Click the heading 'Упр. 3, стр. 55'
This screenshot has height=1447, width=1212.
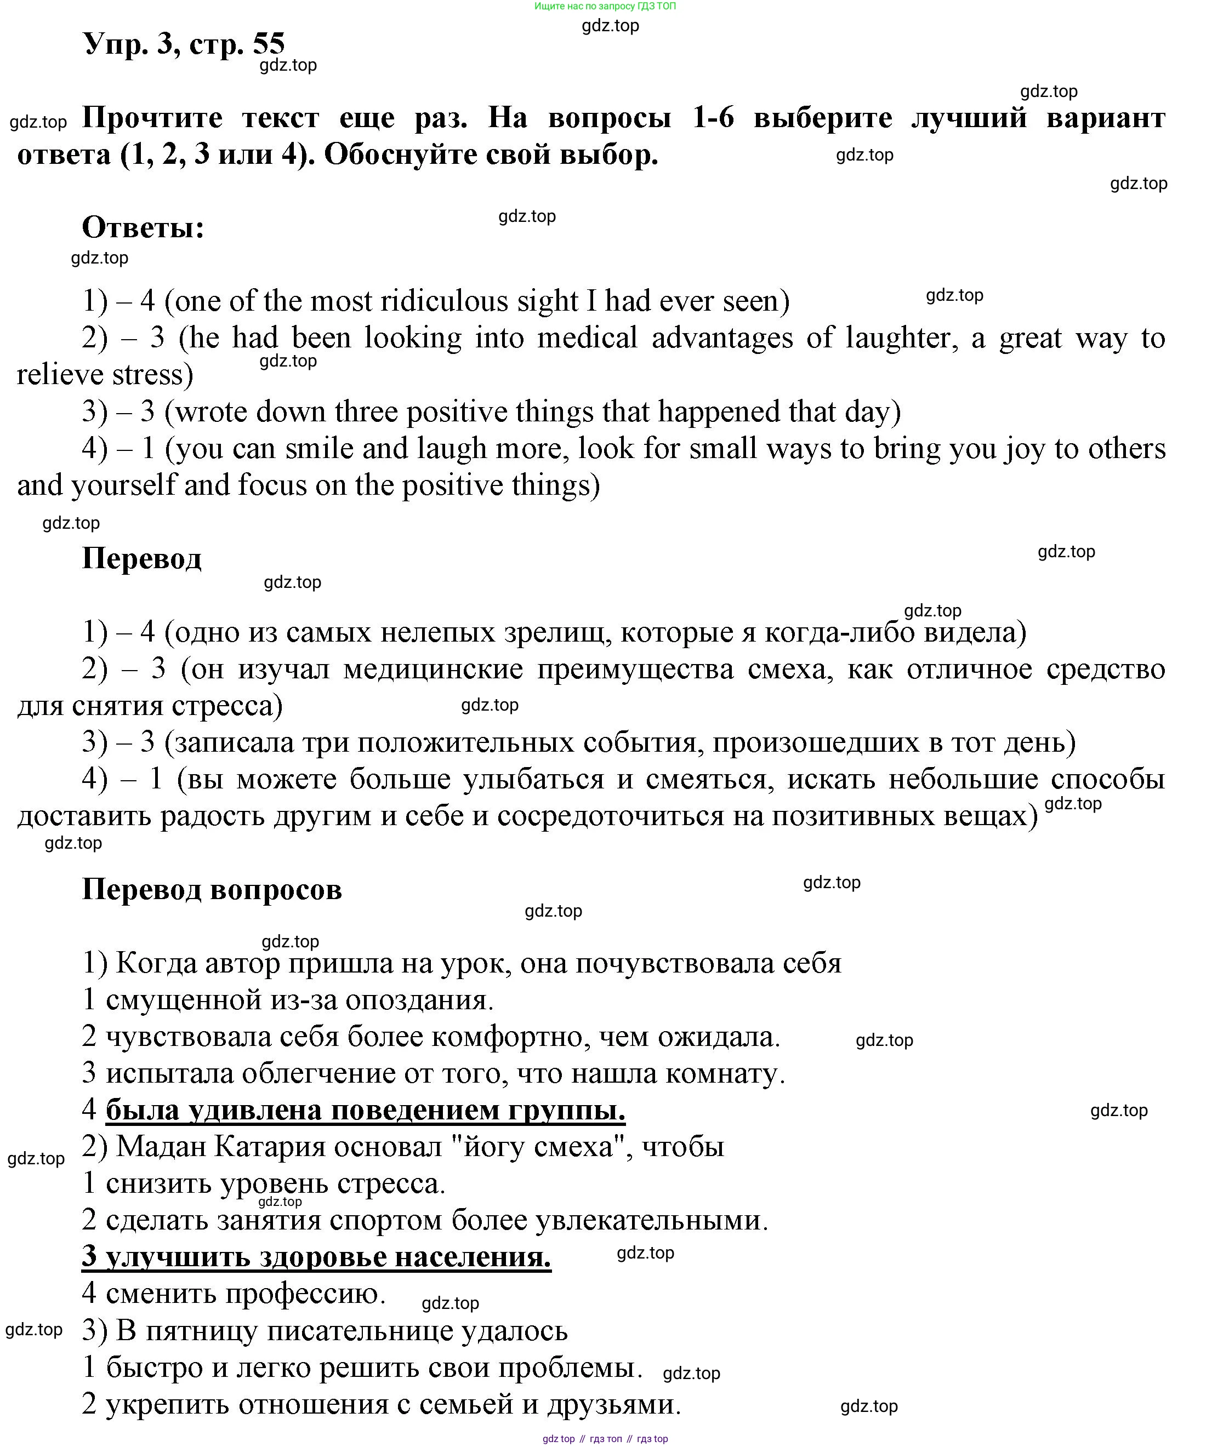(184, 43)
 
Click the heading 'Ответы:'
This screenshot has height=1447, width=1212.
(144, 227)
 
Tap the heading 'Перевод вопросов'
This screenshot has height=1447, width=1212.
(212, 890)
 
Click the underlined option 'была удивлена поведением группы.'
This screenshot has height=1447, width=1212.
(366, 1110)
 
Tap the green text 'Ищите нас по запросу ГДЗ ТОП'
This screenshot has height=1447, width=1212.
(605, 6)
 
